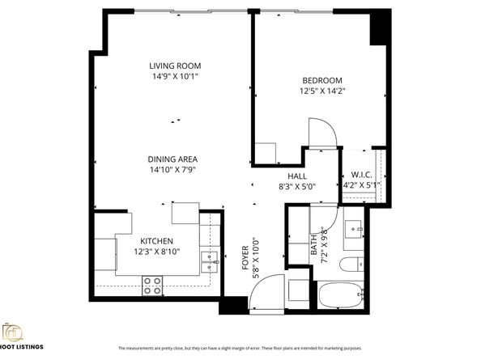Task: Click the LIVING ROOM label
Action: pos(174,66)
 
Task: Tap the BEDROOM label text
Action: pos(322,80)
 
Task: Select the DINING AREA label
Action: pos(172,159)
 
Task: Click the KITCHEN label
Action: pos(157,241)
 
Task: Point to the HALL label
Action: pos(296,176)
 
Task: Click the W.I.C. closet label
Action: pos(361,176)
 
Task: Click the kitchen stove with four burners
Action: pos(152,283)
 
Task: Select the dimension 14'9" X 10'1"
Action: pos(174,76)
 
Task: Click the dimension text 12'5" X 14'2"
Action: pos(322,91)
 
